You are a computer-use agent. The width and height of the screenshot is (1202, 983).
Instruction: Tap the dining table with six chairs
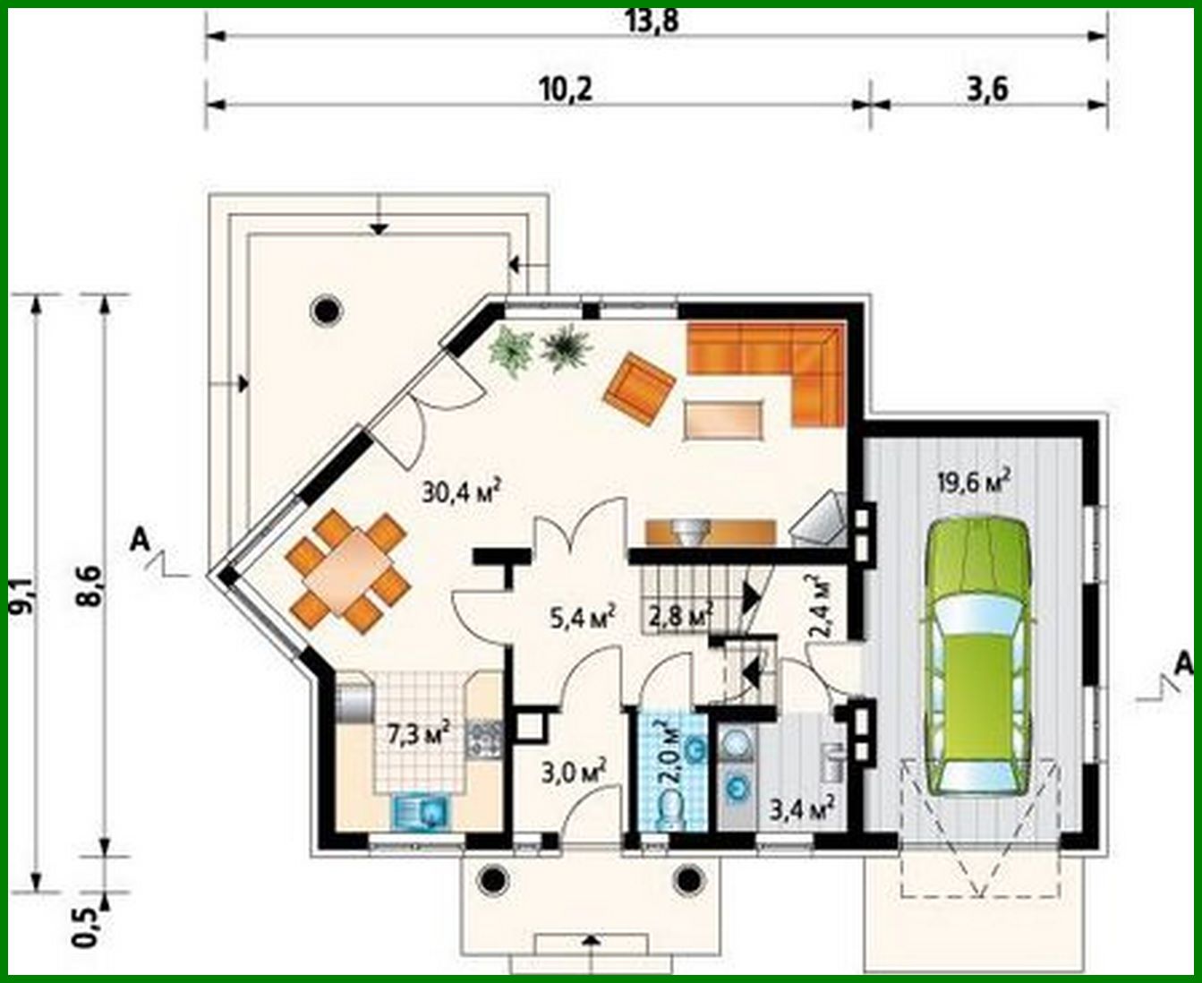coord(347,570)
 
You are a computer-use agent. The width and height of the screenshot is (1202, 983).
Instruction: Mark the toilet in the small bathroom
coord(669,810)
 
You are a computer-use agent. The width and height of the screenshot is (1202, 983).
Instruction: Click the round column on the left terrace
coord(326,310)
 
